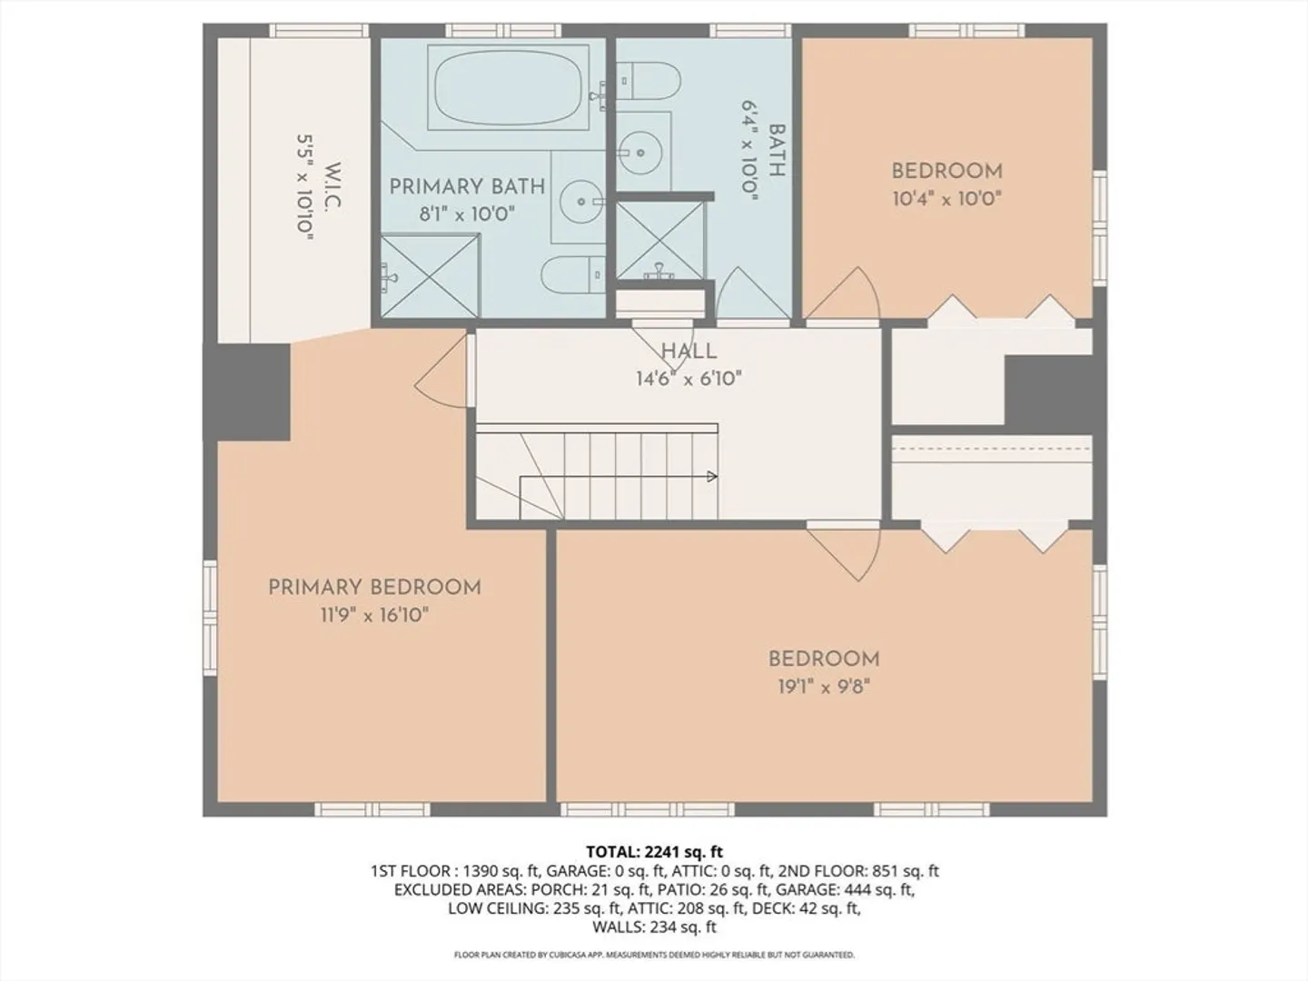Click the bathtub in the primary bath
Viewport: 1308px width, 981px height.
[509, 86]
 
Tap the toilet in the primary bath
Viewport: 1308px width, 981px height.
[573, 274]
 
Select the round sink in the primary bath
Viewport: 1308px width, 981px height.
[581, 202]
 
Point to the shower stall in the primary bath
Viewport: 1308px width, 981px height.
[431, 275]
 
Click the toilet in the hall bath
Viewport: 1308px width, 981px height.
[649, 81]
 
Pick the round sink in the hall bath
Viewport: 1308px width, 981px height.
[640, 152]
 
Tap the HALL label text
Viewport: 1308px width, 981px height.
[689, 351]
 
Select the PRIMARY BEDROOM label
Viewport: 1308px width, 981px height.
[375, 588]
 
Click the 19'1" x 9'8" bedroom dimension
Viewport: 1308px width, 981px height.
[824, 687]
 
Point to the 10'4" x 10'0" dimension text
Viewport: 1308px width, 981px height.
[946, 199]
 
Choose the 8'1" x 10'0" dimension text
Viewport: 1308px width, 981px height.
[467, 213]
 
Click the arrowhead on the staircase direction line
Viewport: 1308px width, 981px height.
[712, 477]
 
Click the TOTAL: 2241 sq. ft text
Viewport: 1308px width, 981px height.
[654, 852]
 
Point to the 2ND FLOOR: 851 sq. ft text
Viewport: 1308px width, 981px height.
[857, 871]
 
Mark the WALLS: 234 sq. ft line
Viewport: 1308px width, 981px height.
[654, 926]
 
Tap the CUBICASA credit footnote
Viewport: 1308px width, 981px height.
[654, 955]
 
